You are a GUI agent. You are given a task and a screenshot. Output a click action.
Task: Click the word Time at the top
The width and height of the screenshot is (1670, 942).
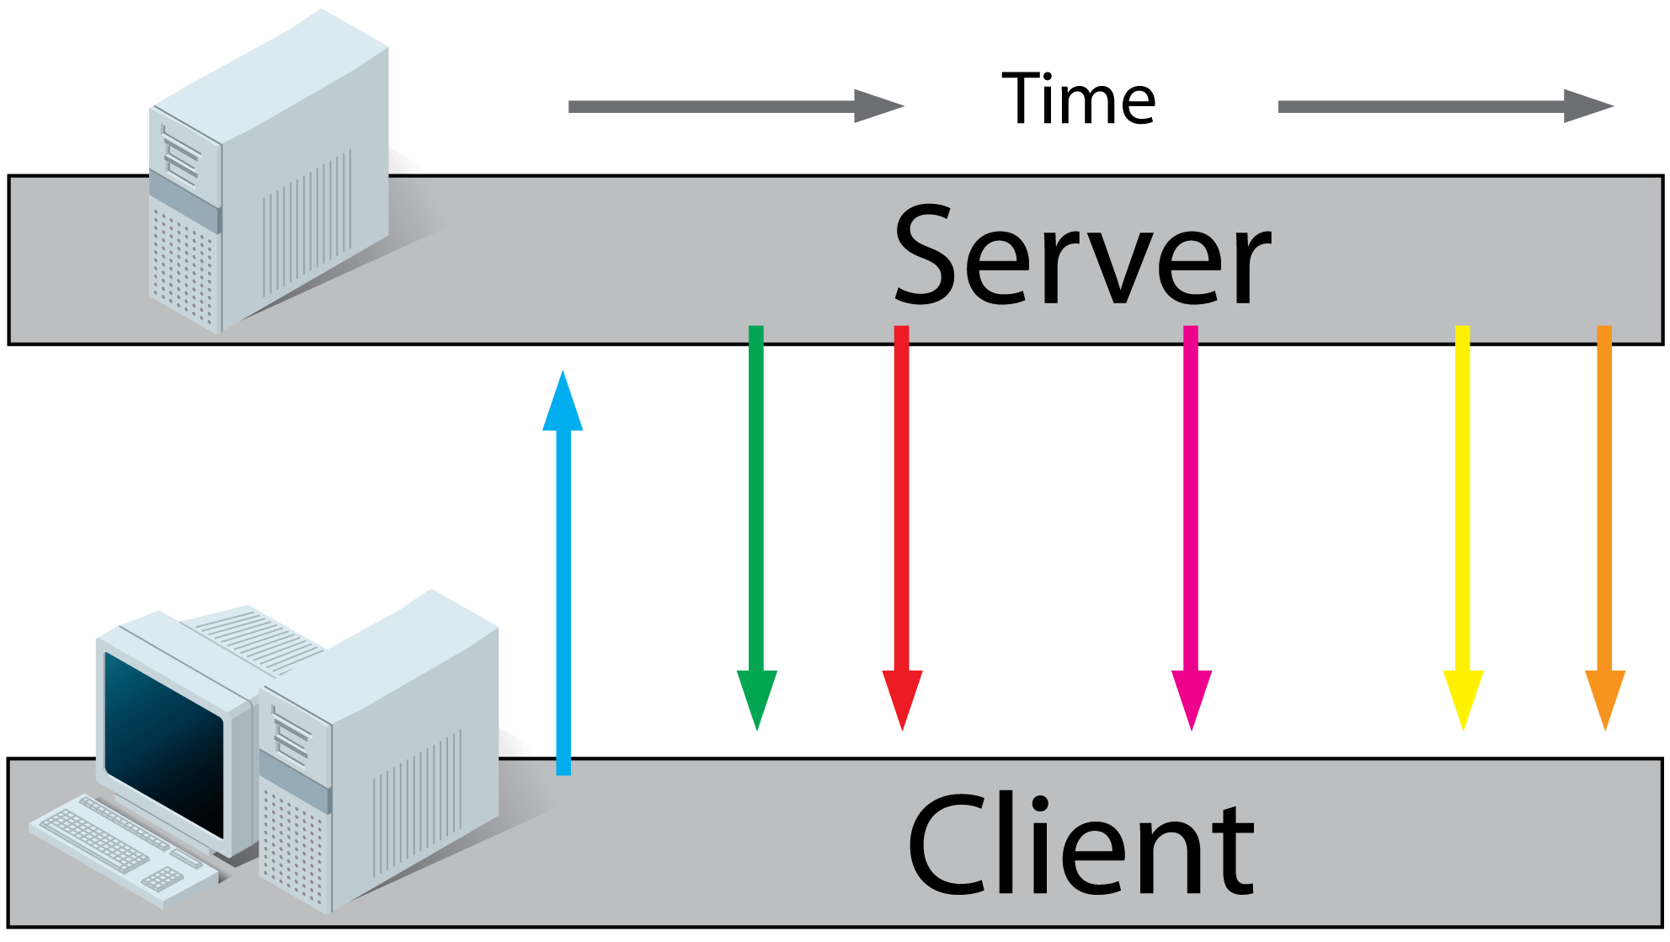coord(1078,99)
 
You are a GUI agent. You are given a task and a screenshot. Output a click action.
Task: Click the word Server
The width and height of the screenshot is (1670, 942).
coord(1082,256)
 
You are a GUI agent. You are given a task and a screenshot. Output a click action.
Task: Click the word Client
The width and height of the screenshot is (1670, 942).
coord(1080,846)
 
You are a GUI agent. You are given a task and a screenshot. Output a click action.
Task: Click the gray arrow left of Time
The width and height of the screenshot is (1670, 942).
coord(733,106)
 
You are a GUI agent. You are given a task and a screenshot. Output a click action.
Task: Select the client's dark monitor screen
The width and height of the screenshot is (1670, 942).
coord(164,741)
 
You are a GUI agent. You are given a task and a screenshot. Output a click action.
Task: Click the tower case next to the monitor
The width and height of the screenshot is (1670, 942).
coord(379,758)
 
